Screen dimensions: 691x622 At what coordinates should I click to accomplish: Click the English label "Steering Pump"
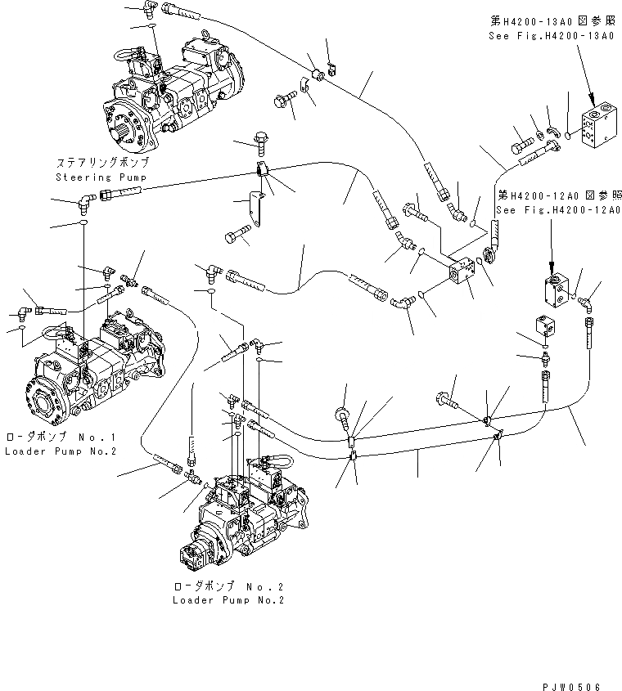point(90,177)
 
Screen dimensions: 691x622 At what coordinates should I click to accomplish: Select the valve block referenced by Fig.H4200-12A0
point(557,290)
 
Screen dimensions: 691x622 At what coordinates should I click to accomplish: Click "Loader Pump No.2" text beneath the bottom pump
point(228,599)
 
